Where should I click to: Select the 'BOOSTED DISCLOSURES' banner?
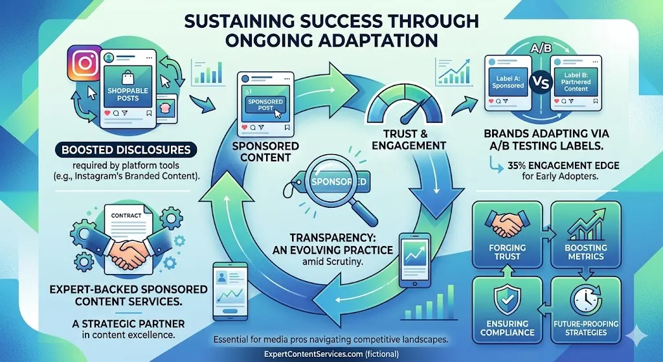[126, 150]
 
